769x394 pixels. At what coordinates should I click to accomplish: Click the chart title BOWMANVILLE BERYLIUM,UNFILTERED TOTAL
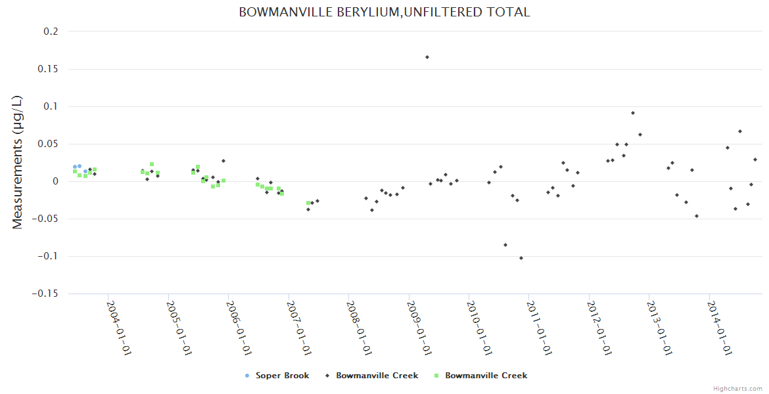384,12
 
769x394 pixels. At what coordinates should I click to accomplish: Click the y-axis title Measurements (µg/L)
18,162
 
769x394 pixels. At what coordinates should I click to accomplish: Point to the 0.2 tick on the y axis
51,32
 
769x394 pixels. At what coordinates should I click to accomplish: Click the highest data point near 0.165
427,57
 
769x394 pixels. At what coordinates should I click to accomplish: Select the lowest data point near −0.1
521,258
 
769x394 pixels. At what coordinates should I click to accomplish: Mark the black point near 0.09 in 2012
633,113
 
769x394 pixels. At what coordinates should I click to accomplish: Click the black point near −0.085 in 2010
505,245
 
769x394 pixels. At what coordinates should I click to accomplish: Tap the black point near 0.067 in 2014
740,131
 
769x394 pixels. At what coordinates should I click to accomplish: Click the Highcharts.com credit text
737,388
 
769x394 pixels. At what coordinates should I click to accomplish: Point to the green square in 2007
308,203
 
